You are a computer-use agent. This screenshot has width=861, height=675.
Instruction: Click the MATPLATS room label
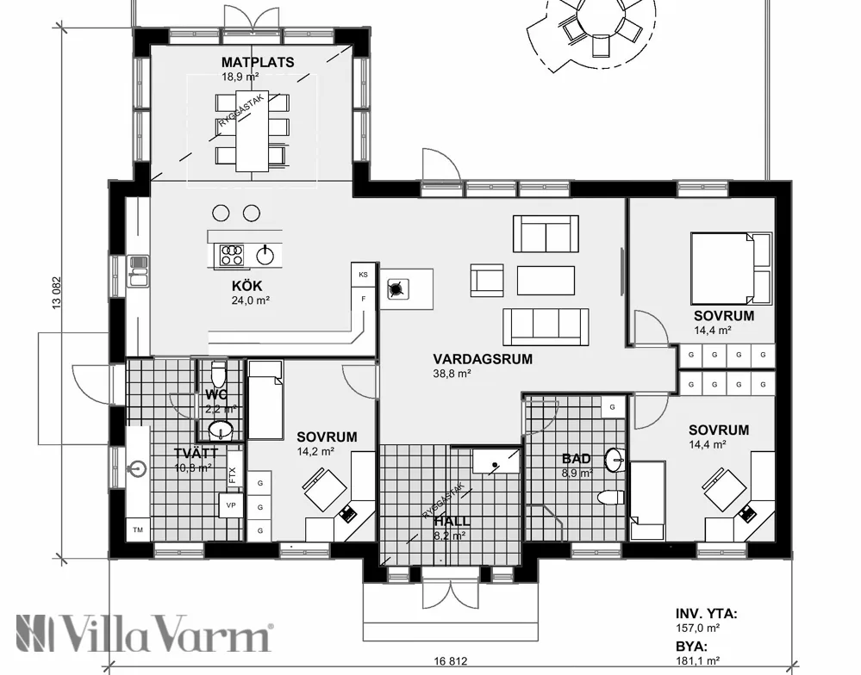point(257,62)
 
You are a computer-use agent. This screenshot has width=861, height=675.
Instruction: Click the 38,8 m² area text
point(452,374)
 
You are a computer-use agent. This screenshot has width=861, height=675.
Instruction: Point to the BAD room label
point(577,459)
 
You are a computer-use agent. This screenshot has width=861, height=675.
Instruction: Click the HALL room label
point(451,522)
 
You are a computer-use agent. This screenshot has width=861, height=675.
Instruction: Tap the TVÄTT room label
point(194,454)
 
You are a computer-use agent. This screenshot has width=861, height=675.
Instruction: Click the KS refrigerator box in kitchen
point(364,274)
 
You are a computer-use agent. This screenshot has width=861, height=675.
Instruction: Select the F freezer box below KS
point(364,298)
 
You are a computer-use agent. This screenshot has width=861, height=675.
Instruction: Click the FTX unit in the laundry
point(233,474)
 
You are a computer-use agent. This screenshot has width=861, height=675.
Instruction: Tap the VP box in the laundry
point(231,505)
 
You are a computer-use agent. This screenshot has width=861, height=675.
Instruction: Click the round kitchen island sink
point(266,254)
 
